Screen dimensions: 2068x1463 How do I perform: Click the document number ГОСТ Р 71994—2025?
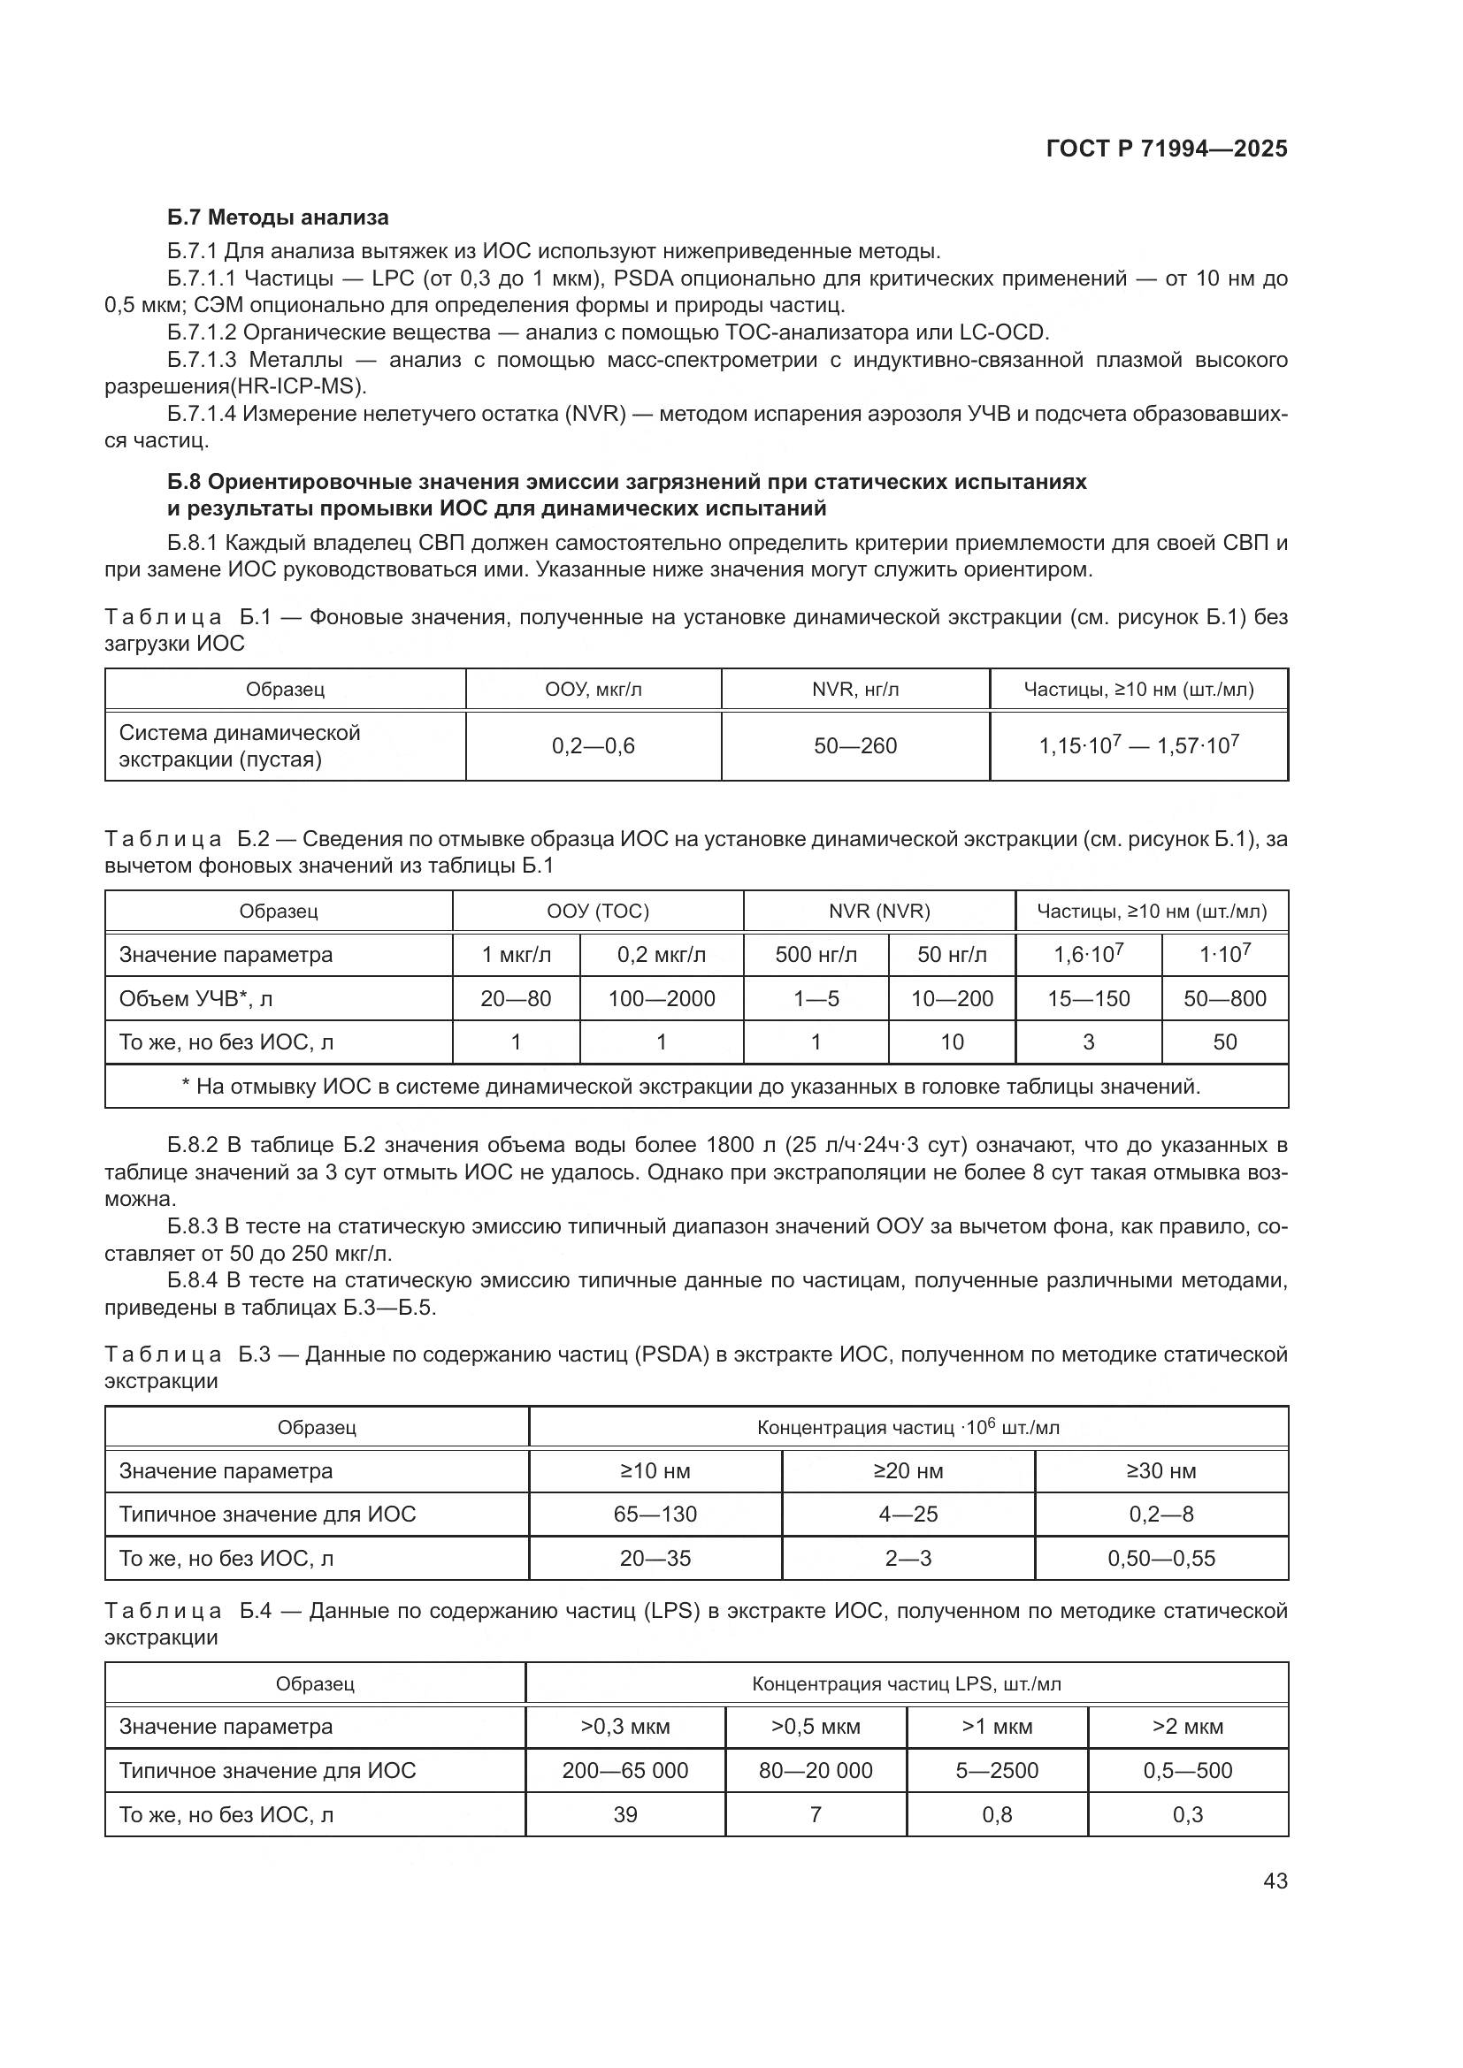tap(1167, 149)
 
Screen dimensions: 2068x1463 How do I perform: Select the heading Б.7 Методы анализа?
tap(278, 217)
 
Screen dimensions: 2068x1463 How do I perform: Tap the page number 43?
tap(1275, 1881)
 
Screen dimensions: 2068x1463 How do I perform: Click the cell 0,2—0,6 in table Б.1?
tap(593, 746)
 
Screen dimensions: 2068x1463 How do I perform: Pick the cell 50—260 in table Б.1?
tap(855, 746)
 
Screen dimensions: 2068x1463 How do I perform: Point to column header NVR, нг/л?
tap(855, 690)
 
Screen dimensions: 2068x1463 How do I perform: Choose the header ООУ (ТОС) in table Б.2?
tap(597, 911)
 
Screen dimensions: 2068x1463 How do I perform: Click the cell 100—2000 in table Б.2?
tap(662, 998)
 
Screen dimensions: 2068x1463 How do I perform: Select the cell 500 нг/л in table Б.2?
tap(816, 955)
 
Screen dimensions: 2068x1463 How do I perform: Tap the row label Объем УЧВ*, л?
tap(183, 998)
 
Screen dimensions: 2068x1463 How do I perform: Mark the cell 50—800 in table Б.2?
tap(1224, 998)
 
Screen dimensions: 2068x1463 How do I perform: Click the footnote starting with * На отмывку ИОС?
tap(691, 1087)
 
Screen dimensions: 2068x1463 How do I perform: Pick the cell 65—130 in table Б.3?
tap(655, 1514)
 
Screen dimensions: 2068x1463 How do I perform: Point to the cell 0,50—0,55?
tap(1161, 1558)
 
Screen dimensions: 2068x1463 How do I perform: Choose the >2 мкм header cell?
tap(1187, 1727)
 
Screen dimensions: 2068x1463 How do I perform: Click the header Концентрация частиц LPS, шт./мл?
tap(907, 1683)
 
